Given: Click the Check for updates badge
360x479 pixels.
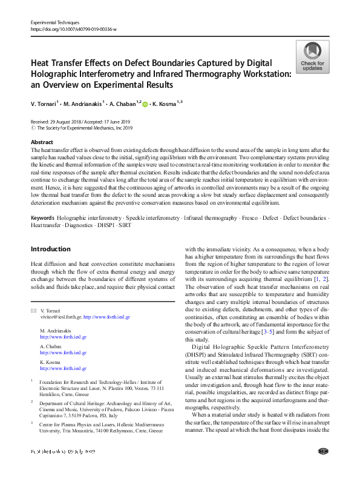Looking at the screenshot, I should pyautogui.click(x=312, y=57).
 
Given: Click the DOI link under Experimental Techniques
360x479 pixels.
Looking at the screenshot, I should pyautogui.click(x=73, y=28).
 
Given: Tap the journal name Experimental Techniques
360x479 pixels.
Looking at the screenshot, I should pyautogui.click(x=55, y=22).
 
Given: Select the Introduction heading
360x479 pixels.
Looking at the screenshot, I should pyautogui.click(x=50, y=249).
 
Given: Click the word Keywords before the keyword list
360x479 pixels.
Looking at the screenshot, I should pyautogui.click(x=42, y=217).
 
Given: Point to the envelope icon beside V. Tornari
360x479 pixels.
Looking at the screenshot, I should pyautogui.click(x=33, y=311).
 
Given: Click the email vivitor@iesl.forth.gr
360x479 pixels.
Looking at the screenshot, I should pyautogui.click(x=59, y=317).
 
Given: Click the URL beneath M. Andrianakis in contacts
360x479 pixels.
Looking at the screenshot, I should pyautogui.click(x=63, y=336).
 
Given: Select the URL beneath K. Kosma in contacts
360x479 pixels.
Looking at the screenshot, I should pyautogui.click(x=63, y=368).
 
